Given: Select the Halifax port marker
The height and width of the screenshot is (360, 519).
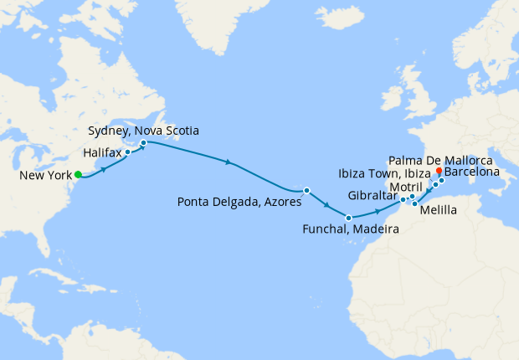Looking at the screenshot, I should pyautogui.click(x=128, y=152).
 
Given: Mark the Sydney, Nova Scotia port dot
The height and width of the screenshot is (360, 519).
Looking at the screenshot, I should pyautogui.click(x=143, y=142).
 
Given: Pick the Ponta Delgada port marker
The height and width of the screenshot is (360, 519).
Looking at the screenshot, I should pyautogui.click(x=306, y=191).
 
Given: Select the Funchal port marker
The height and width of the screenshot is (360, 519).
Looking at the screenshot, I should pyautogui.click(x=348, y=219).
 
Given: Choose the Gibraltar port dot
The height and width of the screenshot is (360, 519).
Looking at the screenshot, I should pyautogui.click(x=403, y=200).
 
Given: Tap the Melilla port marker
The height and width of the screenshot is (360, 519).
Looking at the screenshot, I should pyautogui.click(x=414, y=204).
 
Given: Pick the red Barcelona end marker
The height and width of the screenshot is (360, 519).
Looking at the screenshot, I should pyautogui.click(x=439, y=169).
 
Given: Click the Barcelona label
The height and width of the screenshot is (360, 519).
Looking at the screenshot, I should pyautogui.click(x=473, y=173).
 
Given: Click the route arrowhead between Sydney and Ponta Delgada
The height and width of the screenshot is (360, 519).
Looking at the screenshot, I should pyautogui.click(x=228, y=162).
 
